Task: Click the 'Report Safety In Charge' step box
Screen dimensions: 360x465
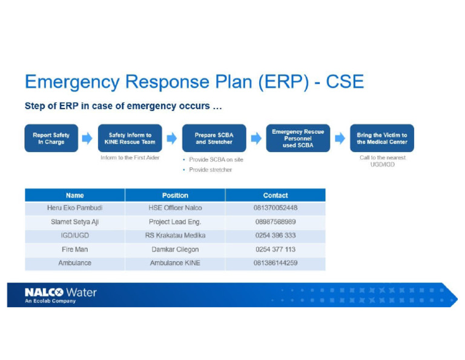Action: pos(51,138)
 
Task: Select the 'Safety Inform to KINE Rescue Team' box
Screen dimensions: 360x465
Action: pos(130,138)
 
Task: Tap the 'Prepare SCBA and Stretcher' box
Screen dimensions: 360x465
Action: pos(214,138)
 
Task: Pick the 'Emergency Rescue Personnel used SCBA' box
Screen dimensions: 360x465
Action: pos(298,138)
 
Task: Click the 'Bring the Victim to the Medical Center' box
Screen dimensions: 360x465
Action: pos(382,138)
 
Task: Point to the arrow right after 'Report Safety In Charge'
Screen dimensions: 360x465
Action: pos(88,138)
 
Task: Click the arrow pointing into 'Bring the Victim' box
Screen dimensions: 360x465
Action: pos(340,138)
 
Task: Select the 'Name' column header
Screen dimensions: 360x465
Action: pos(75,195)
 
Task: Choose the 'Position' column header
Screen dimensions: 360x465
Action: pos(175,195)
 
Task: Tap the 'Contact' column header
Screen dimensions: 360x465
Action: pos(275,195)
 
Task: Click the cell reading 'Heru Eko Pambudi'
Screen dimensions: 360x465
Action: pos(75,208)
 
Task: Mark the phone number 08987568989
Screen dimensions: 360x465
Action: pos(275,222)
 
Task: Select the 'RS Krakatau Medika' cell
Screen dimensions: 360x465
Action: pos(175,235)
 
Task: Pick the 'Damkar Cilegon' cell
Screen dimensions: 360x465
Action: pos(175,249)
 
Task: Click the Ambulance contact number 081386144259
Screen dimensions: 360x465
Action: pos(275,263)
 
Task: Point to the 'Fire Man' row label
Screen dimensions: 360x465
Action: pos(75,249)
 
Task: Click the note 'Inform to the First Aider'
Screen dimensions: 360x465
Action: pos(130,158)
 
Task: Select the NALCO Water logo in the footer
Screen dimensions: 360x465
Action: pos(61,295)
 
